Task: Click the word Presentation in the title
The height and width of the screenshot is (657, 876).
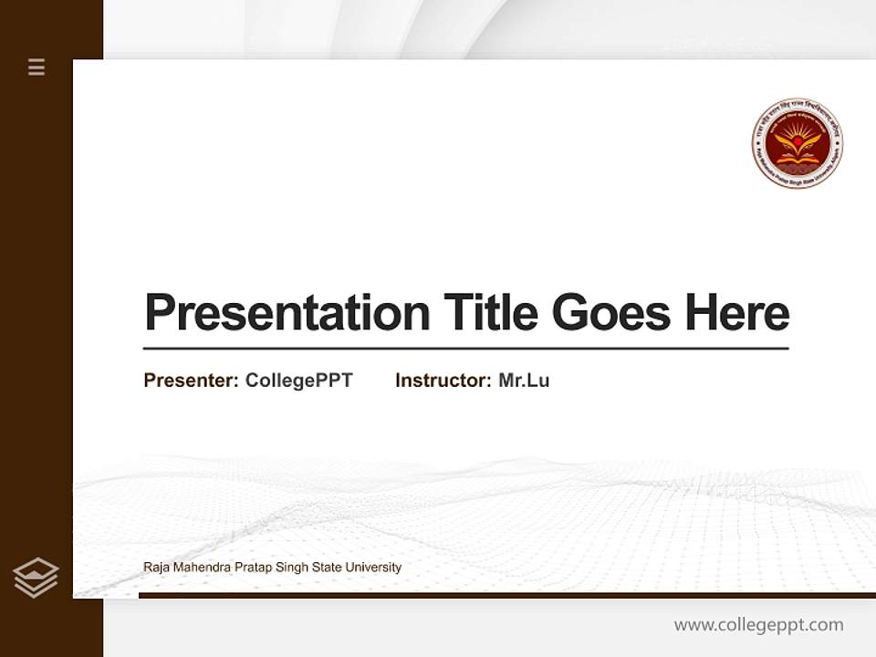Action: tap(287, 313)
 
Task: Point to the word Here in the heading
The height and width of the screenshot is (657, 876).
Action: tap(737, 313)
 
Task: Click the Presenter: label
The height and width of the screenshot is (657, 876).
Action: tap(191, 381)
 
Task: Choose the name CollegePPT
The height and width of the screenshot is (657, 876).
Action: tap(298, 381)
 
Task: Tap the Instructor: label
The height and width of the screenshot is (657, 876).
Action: tap(443, 381)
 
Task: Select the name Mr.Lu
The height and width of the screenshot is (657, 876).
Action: tap(524, 381)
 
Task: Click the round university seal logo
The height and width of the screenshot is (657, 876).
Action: tap(797, 144)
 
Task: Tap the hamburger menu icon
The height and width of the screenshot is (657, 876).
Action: tap(36, 67)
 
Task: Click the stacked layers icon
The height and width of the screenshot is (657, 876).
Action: tap(36, 578)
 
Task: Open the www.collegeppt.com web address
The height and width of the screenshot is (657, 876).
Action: tap(758, 625)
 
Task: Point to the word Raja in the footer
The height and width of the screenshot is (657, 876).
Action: tap(155, 568)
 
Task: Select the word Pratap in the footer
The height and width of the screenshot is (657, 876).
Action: tap(249, 568)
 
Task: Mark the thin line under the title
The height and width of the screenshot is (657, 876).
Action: tap(465, 348)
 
